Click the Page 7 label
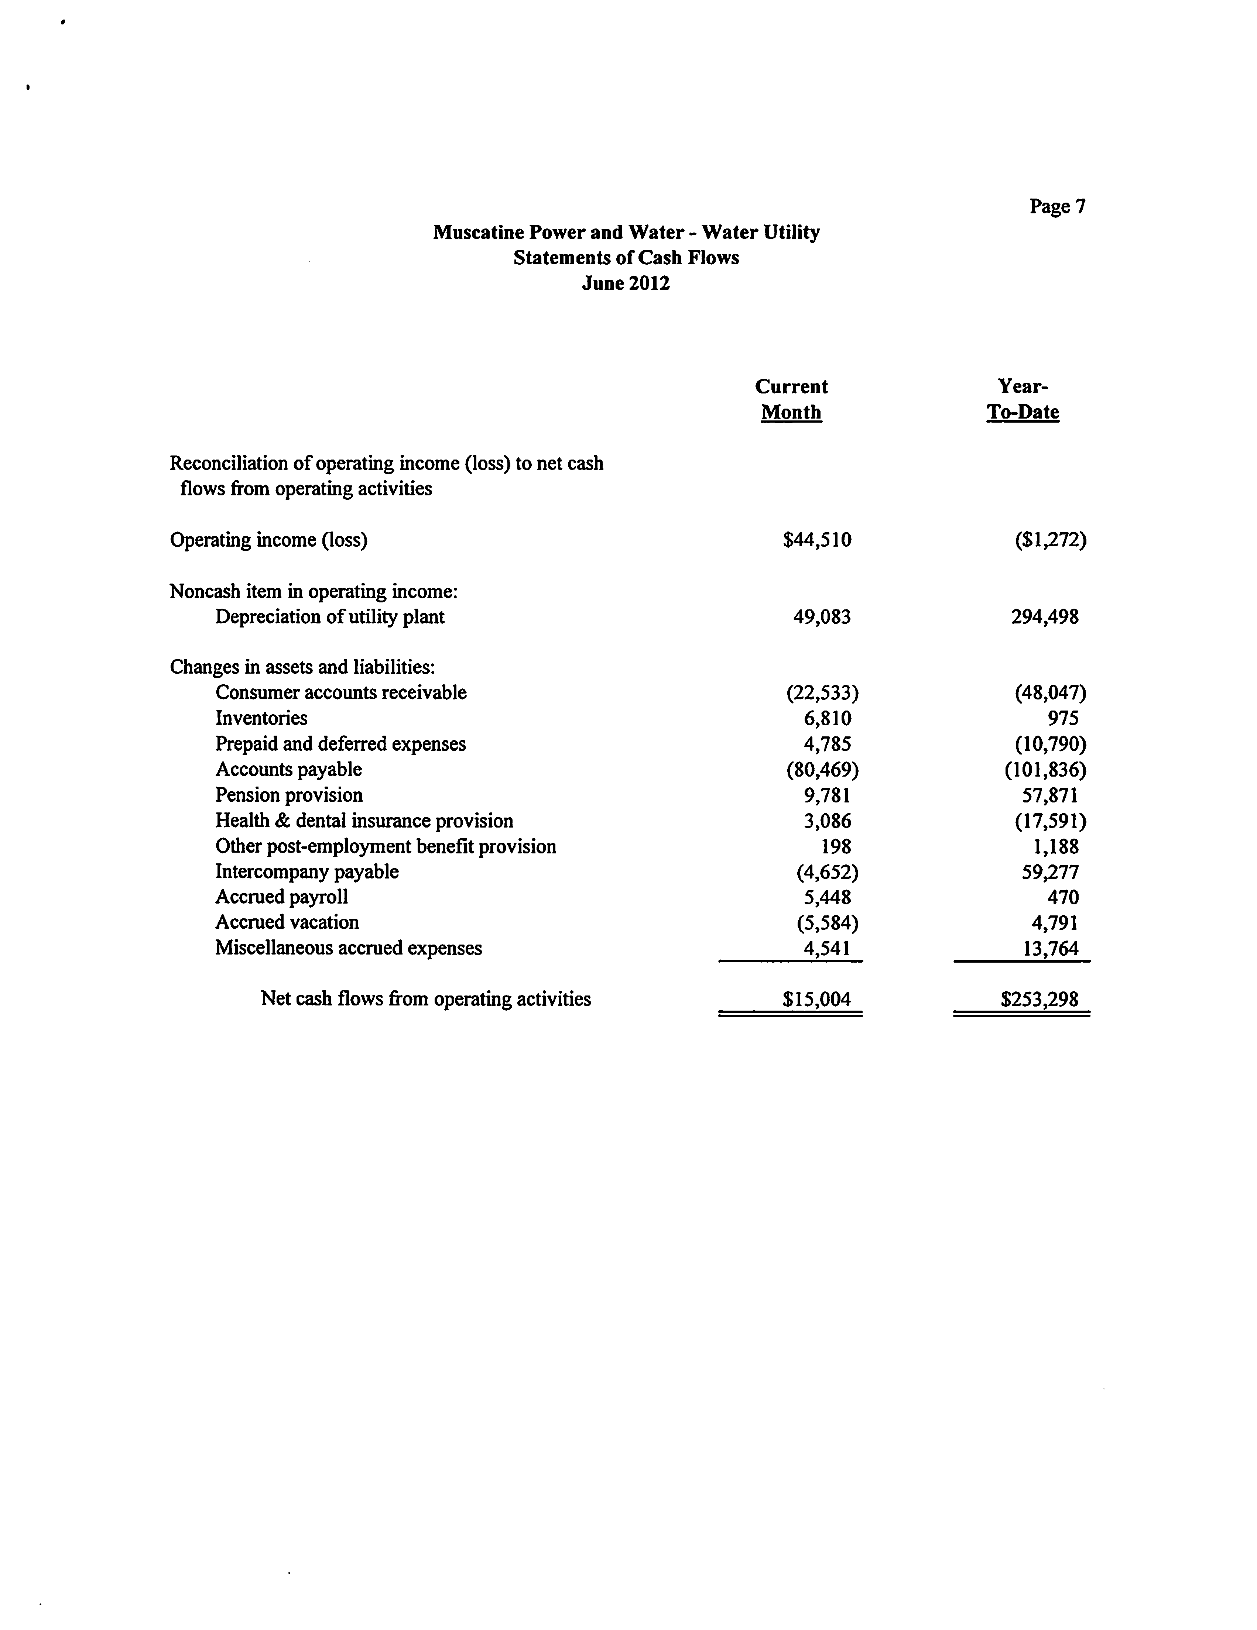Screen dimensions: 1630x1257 [1057, 207]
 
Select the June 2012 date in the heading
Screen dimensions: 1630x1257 [626, 283]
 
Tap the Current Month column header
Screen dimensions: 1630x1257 [791, 399]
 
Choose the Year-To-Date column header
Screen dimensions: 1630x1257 [1023, 399]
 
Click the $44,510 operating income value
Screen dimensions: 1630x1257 [816, 540]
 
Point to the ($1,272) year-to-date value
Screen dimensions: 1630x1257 [1049, 540]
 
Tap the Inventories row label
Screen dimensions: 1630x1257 [261, 718]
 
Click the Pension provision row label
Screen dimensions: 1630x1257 [289, 795]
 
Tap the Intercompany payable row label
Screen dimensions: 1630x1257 [307, 872]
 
